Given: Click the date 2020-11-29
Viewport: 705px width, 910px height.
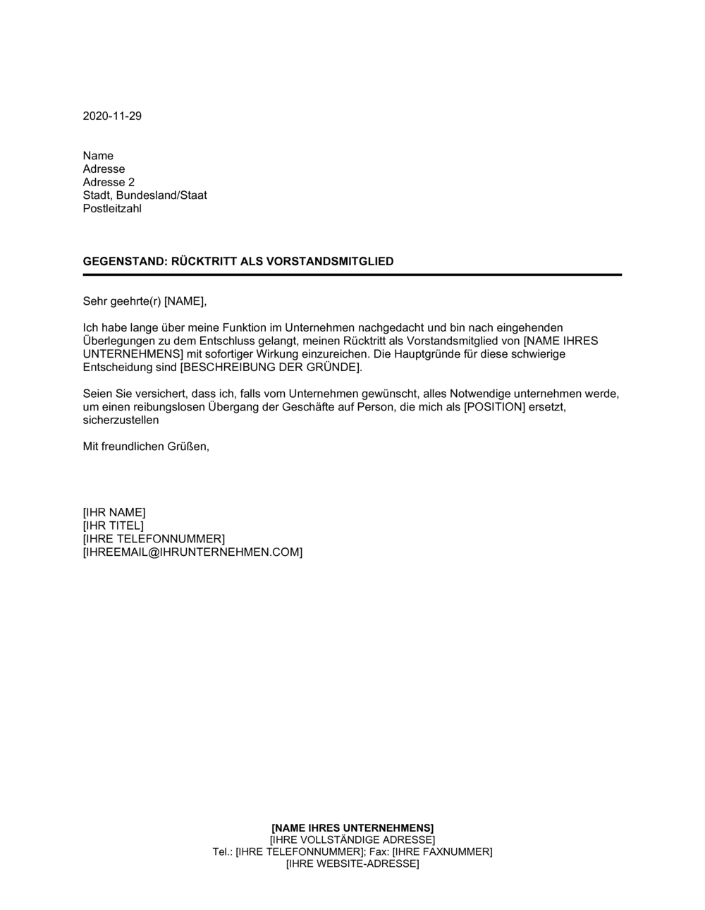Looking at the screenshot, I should click(x=112, y=116).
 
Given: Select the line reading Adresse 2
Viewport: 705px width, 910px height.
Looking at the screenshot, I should click(x=109, y=182).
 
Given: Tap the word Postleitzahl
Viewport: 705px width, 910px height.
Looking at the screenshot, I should click(x=112, y=209).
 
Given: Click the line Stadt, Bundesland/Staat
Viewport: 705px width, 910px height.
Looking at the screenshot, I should click(x=145, y=195).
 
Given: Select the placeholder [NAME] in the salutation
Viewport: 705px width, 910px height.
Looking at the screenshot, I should click(x=185, y=301).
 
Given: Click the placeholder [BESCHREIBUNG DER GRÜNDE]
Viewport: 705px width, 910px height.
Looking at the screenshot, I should click(x=271, y=368).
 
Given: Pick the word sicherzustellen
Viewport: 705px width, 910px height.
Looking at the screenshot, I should click(x=121, y=420).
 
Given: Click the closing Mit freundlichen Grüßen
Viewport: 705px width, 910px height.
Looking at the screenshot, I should click(x=146, y=447).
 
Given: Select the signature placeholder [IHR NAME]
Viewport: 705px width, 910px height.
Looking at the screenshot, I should click(x=114, y=512).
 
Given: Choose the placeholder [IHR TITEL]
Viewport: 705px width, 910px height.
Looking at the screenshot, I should click(x=113, y=526).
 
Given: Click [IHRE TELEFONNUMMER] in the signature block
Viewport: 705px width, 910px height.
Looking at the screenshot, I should click(x=154, y=539).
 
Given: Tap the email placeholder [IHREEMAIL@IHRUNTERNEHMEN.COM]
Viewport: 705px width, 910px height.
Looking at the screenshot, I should click(x=192, y=552).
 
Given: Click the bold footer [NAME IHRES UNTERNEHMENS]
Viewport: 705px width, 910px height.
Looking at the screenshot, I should click(x=352, y=827).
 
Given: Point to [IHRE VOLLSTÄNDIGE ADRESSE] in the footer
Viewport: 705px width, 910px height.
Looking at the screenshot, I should click(x=352, y=839).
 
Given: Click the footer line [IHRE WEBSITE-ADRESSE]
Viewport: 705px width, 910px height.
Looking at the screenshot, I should click(x=352, y=863).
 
